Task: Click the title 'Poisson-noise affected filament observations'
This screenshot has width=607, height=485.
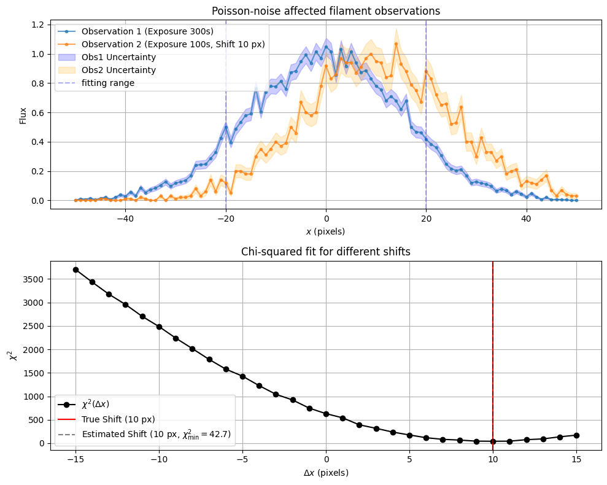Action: pyautogui.click(x=326, y=11)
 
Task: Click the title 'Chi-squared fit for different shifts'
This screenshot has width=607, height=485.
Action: pyautogui.click(x=326, y=252)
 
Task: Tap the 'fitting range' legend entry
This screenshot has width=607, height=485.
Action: pyautogui.click(x=108, y=83)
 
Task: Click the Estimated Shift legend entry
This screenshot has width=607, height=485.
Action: pyautogui.click(x=156, y=434)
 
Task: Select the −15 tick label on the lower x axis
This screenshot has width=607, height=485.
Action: pyautogui.click(x=75, y=459)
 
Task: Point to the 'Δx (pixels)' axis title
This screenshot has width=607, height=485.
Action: pyautogui.click(x=326, y=473)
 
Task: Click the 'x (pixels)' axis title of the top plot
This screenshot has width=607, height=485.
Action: pyautogui.click(x=326, y=231)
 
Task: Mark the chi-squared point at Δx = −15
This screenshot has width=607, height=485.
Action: pyautogui.click(x=75, y=270)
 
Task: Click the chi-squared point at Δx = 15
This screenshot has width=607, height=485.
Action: pyautogui.click(x=576, y=435)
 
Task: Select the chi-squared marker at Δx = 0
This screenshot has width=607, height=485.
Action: pyautogui.click(x=326, y=414)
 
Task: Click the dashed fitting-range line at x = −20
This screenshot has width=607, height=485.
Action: pyautogui.click(x=226, y=153)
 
